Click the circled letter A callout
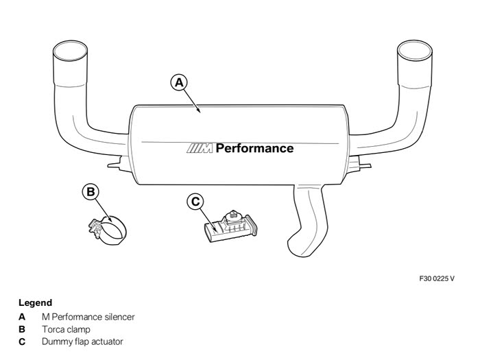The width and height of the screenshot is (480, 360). click(x=179, y=82)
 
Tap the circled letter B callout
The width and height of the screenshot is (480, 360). click(x=91, y=191)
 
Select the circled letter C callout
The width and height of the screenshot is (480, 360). click(x=195, y=202)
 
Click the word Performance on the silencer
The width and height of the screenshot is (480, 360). click(x=254, y=148)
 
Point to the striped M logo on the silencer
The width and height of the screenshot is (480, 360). click(x=200, y=148)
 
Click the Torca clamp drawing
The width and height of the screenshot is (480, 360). click(x=108, y=230)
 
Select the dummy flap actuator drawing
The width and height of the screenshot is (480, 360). click(x=231, y=226)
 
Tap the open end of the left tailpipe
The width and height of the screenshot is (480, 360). click(x=70, y=51)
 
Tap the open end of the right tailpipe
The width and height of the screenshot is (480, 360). click(x=415, y=51)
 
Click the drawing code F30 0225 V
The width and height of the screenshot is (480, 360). click(x=437, y=278)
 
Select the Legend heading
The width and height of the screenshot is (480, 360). click(x=35, y=302)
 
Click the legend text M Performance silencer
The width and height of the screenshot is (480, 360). click(x=88, y=317)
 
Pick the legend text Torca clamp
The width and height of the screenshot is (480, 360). click(x=66, y=329)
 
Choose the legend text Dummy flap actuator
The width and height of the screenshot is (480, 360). click(x=82, y=341)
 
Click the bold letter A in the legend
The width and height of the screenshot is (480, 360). click(x=22, y=317)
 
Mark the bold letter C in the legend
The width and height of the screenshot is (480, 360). click(x=22, y=341)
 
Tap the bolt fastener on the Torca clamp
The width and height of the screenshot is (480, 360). click(x=95, y=228)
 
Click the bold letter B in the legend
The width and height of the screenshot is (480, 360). click(x=22, y=329)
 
